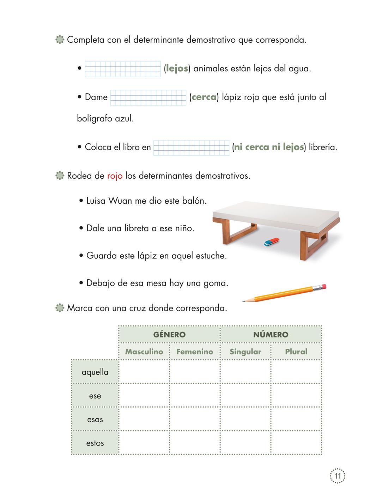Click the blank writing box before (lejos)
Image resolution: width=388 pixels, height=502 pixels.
[x=123, y=69]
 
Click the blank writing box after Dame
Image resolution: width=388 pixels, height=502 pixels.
[x=148, y=98]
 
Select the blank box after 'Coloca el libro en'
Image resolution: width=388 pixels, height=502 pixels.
[x=192, y=148]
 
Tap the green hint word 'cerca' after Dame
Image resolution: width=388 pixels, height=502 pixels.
[x=204, y=97]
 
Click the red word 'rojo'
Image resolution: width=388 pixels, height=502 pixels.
[x=115, y=176]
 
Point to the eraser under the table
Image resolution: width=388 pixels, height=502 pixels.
[x=272, y=242]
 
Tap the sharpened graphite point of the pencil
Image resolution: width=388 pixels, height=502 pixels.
[x=244, y=301]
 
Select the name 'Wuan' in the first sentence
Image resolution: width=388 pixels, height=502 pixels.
[x=120, y=201]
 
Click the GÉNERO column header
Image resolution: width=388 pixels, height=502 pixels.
[x=169, y=335]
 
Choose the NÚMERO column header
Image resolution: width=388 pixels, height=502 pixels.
[x=271, y=335]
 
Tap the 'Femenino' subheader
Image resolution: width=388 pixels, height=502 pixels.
[x=195, y=352]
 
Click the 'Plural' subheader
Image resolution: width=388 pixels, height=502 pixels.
[x=296, y=352]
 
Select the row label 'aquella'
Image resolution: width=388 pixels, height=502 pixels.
[x=95, y=372]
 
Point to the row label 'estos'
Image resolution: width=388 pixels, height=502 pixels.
[x=95, y=443]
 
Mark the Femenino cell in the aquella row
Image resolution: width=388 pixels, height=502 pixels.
[x=195, y=372]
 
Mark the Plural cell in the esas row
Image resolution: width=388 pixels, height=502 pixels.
[x=296, y=419]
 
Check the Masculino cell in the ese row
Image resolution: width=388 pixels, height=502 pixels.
[x=144, y=395]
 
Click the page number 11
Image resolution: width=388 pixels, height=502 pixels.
[x=338, y=476]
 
